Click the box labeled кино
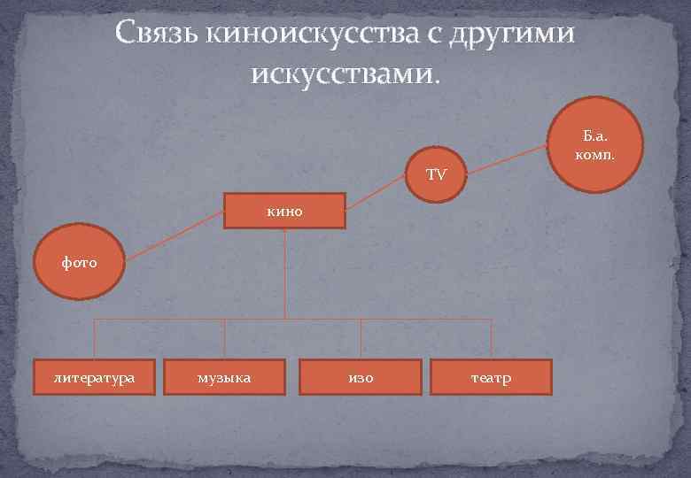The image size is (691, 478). click(283, 211)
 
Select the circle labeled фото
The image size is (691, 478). click(79, 262)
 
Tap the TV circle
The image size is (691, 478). click(436, 173)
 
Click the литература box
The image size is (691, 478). click(94, 377)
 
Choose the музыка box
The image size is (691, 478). click(224, 377)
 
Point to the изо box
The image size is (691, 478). click(361, 377)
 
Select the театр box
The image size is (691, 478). click(490, 377)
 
